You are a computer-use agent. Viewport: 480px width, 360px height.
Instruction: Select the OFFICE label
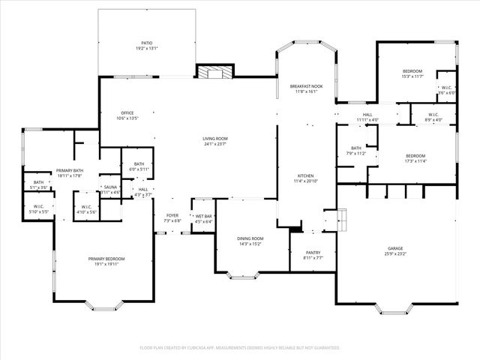tap(127, 113)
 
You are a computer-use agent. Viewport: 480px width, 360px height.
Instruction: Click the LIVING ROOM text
tap(215, 138)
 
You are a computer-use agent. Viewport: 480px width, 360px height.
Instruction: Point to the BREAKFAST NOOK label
tap(306, 87)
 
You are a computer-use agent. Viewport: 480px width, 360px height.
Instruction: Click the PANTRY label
tap(314, 253)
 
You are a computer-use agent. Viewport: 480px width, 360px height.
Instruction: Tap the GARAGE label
tap(395, 248)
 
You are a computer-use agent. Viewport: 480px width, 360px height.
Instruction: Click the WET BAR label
tap(203, 216)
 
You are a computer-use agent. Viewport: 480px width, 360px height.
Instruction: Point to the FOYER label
tap(172, 216)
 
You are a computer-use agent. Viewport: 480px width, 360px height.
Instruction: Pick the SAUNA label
tap(110, 187)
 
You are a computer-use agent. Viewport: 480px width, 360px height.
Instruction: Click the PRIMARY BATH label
tap(68, 170)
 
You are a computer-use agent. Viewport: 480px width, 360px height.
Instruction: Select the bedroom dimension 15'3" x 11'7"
tap(412, 76)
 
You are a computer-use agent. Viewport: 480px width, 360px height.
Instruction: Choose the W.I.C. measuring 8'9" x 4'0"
tap(433, 120)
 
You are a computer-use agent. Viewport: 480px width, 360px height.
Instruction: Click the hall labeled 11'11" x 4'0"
tap(367, 119)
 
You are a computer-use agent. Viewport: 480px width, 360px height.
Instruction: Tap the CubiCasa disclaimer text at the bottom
tap(240, 348)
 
